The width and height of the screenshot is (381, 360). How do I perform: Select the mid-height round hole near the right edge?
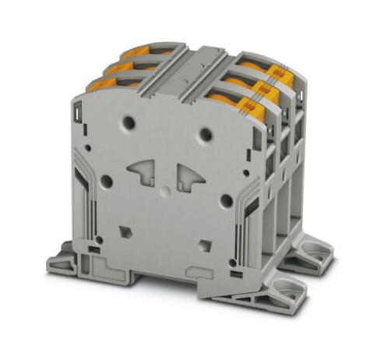coord(226,200)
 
